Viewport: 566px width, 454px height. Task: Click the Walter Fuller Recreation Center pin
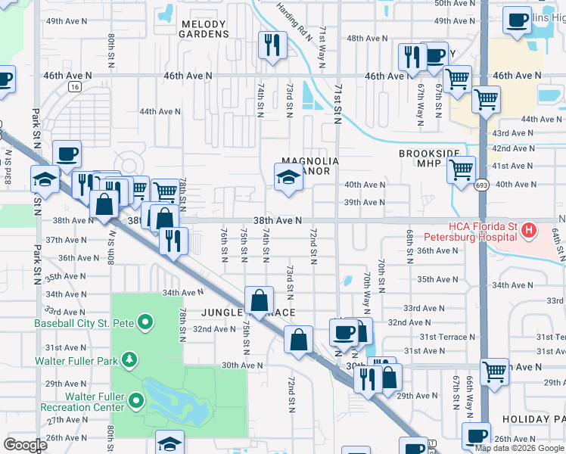[136, 398]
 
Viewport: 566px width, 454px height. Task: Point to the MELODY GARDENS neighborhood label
[204, 29]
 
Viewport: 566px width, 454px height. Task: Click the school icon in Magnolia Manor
[288, 179]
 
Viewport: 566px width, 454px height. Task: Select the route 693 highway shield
[481, 185]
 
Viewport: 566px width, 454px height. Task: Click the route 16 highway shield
[73, 87]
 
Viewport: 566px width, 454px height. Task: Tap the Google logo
[25, 444]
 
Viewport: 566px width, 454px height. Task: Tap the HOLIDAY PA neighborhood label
[536, 418]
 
